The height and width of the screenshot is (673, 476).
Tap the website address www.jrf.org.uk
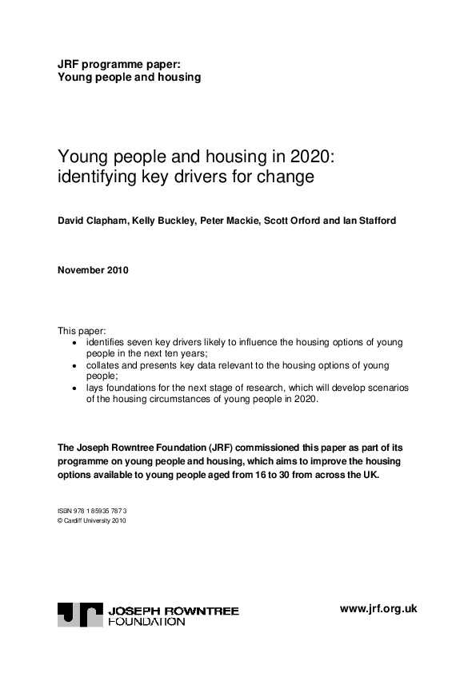pyautogui.click(x=378, y=608)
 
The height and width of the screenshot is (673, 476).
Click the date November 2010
pyautogui.click(x=94, y=269)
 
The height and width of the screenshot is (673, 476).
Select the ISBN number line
pyautogui.click(x=92, y=509)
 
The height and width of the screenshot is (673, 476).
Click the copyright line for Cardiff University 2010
pyautogui.click(x=91, y=520)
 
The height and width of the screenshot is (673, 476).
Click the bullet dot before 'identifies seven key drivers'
pyautogui.click(x=75, y=342)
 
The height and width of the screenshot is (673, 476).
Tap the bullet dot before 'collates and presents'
pyautogui.click(x=75, y=365)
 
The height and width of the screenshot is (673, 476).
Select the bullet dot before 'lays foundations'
pyautogui.click(x=75, y=388)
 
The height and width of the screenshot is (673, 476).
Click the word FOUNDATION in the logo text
pyautogui.click(x=146, y=621)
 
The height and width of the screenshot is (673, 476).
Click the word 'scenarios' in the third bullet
pyautogui.click(x=387, y=388)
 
